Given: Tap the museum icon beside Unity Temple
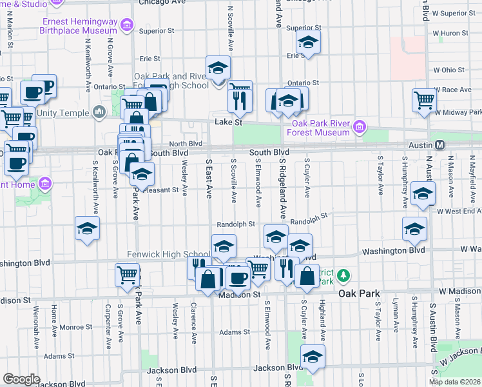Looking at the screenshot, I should pos(99,114).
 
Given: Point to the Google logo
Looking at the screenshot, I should pos(21,379).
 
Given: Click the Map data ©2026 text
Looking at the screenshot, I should pos(454,382).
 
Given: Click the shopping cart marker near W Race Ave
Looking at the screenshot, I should pos(425,100).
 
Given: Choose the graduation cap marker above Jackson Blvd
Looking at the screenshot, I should pos(313,356).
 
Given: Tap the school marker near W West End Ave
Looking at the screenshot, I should pos(423,193).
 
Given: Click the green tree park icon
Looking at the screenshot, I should pos(344,276).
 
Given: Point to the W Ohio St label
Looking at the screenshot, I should pos(448,70).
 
